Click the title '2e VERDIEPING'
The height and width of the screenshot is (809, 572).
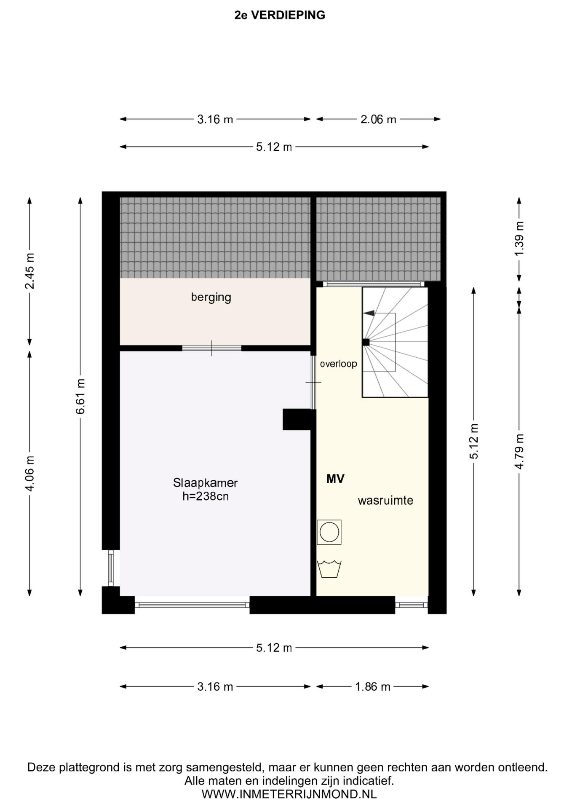pos(280,15)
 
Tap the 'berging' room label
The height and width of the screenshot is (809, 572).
pos(211,297)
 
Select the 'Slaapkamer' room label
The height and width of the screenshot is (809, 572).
pos(206,482)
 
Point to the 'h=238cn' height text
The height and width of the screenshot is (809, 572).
pos(206,496)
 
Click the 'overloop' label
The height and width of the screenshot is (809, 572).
pos(338,364)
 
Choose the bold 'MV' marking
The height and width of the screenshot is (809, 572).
pos(335,479)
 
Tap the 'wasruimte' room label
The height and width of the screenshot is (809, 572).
pos(385,501)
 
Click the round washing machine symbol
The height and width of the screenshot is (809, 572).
pos(329,532)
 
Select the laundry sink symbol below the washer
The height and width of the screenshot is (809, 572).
pos(329,569)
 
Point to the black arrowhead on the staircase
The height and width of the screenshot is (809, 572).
pos(369,313)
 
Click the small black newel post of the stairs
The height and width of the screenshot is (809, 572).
pos(366,342)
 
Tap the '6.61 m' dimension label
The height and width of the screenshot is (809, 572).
pos(80,396)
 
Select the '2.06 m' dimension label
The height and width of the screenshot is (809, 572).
pos(378,120)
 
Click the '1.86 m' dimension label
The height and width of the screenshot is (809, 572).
pos(373,687)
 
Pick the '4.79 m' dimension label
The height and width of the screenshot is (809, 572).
pos(519,451)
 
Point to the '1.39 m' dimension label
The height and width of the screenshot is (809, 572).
pos(519,238)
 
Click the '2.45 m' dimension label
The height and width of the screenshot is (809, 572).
pos(30,271)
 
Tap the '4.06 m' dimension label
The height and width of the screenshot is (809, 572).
pos(30,473)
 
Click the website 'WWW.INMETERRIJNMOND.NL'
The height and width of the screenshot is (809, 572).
pos(289,795)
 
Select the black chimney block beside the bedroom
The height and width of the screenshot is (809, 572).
pos(299,419)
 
